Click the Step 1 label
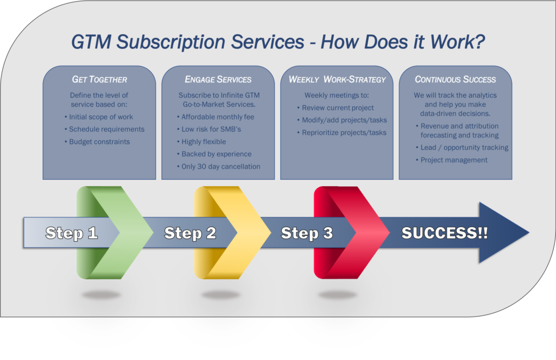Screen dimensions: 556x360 point(72,233)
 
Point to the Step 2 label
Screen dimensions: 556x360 point(190,233)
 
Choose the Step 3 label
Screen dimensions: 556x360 point(307,233)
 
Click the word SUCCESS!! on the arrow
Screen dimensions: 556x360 point(445,233)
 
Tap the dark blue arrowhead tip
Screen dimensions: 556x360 point(529,233)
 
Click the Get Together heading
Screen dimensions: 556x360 point(100,79)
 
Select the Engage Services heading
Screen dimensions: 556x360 point(218,79)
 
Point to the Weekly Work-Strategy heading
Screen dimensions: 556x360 point(337,79)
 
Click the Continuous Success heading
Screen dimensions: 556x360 point(456,79)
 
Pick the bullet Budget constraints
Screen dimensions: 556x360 point(97,142)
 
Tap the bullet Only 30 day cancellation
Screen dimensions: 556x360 point(218,166)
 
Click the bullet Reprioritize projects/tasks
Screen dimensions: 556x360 point(342,132)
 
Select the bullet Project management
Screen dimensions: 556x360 point(451,160)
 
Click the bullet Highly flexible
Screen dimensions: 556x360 point(201,142)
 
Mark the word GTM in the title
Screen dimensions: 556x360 point(91,42)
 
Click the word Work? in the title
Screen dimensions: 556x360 point(457,42)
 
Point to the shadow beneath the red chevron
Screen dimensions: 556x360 point(338,295)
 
